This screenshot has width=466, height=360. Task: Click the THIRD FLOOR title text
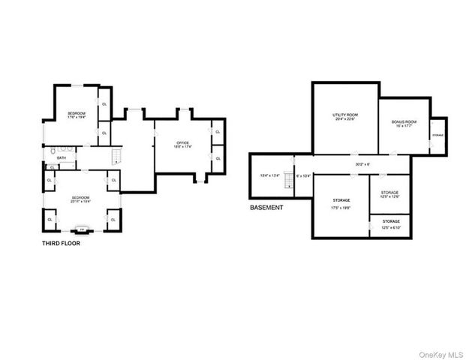click(x=60, y=243)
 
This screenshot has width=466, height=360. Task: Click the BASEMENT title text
click(x=266, y=207)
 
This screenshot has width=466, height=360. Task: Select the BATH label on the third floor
click(x=62, y=158)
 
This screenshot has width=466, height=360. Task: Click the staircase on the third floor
click(x=116, y=156)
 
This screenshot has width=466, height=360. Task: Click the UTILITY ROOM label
click(x=345, y=116)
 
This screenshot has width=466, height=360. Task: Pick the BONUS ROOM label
click(x=404, y=124)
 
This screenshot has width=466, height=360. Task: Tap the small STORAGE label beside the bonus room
click(x=437, y=135)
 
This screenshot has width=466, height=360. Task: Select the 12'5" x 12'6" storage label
click(x=389, y=194)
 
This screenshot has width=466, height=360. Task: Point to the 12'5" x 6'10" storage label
click(x=390, y=223)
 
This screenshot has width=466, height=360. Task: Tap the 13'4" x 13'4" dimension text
click(x=269, y=175)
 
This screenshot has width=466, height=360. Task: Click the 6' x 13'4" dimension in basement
click(x=303, y=175)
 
